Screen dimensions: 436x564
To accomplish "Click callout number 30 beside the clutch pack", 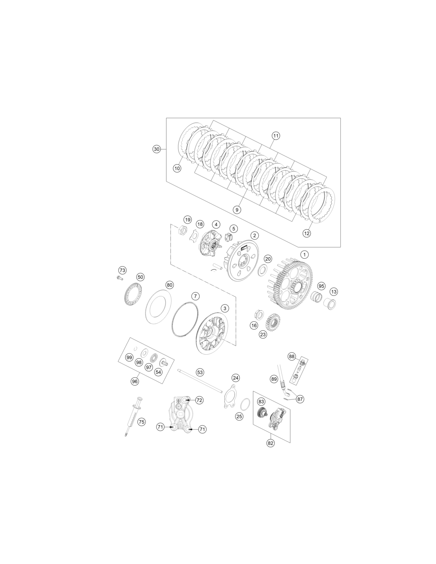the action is coord(157,149).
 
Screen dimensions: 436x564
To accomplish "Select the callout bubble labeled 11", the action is coord(276,136).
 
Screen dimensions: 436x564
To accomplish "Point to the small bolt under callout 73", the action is coord(119,278).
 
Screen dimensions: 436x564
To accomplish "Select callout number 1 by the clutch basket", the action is coord(304,254).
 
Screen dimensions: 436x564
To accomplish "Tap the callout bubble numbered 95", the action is coord(321,286).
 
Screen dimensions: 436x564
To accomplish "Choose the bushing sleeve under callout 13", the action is coord(330,304).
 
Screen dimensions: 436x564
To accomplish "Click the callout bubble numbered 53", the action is coord(200,372).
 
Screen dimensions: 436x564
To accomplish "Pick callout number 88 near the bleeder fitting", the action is coord(292,356).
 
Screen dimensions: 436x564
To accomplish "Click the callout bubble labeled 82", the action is coord(270,443).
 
